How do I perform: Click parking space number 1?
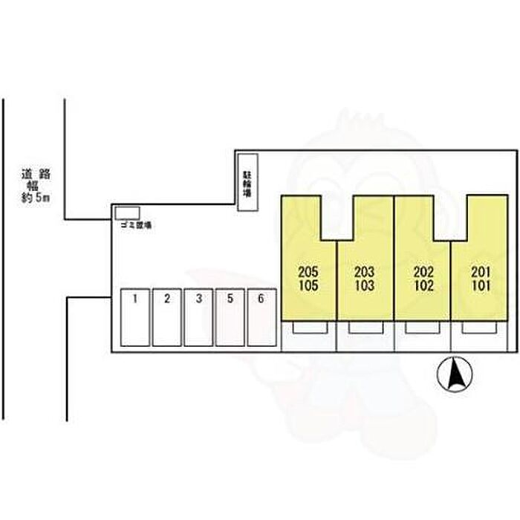[136, 317]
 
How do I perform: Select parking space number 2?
[168, 317]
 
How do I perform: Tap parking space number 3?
[199, 317]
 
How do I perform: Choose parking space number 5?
[230, 317]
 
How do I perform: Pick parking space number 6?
[261, 317]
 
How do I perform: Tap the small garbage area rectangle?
[128, 213]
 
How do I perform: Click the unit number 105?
[308, 285]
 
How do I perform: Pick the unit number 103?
[365, 285]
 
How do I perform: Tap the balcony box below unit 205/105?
[308, 328]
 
